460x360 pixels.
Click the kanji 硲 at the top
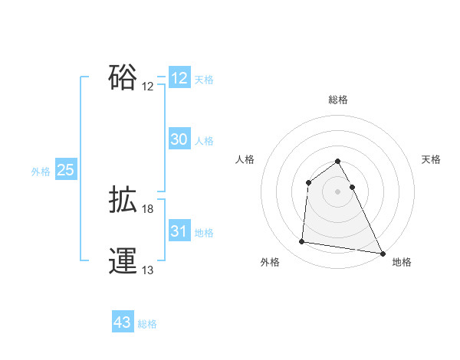[123, 77]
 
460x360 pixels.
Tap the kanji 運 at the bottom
[123, 261]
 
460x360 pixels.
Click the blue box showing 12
[179, 78]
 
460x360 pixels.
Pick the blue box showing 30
[179, 139]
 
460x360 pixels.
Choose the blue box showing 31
[179, 231]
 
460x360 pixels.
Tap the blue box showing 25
[66, 170]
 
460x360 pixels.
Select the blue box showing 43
[123, 322]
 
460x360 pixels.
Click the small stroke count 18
[148, 209]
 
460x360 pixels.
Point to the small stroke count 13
[148, 270]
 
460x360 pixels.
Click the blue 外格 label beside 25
[41, 172]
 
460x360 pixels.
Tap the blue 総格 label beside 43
[147, 324]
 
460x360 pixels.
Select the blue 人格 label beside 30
[204, 141]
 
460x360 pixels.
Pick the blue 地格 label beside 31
[204, 233]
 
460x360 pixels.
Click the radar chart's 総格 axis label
[338, 100]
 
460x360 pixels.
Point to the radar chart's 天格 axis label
[432, 159]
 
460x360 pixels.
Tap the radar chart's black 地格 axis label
[402, 263]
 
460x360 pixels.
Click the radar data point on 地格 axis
[383, 253]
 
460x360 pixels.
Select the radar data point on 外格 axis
[302, 242]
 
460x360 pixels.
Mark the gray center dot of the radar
[338, 191]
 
